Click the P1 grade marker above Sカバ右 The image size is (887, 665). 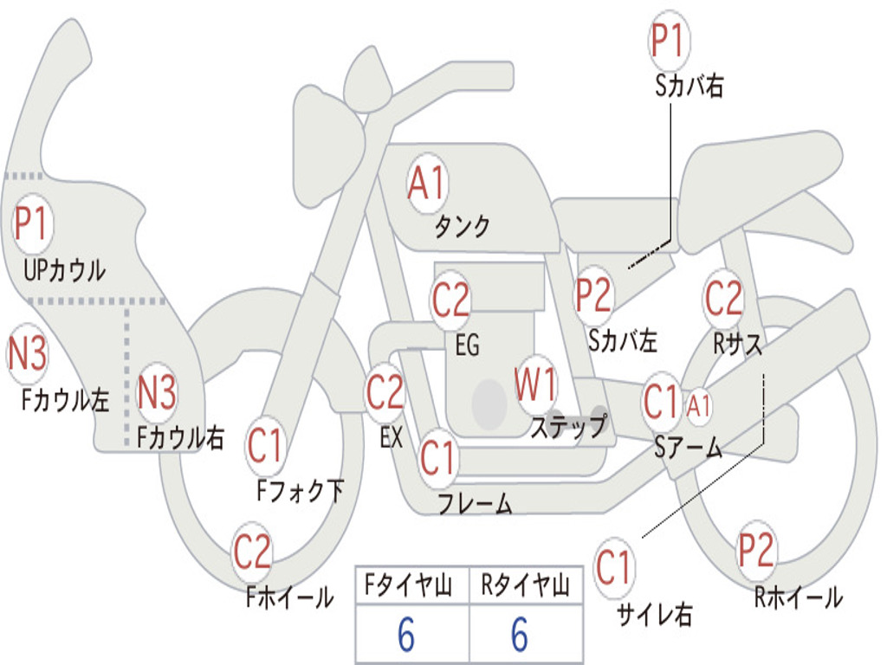click(x=670, y=41)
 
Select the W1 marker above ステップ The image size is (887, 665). click(x=535, y=384)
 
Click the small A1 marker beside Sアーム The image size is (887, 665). click(x=698, y=405)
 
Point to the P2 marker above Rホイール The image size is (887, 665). click(x=755, y=550)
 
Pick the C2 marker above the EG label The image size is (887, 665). click(x=450, y=299)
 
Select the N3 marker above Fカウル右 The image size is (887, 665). click(x=157, y=392)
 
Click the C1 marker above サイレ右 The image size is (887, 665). click(x=613, y=567)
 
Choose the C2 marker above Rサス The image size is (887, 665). click(x=723, y=298)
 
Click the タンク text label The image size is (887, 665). click(x=463, y=226)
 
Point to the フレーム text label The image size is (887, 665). click(x=476, y=503)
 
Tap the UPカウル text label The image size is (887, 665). click(x=64, y=270)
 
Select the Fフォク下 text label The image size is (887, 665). click(x=300, y=490)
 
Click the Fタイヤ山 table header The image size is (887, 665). click(x=408, y=584)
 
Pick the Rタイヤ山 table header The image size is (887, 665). click(x=525, y=584)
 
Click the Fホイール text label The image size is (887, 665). click(x=289, y=597)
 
